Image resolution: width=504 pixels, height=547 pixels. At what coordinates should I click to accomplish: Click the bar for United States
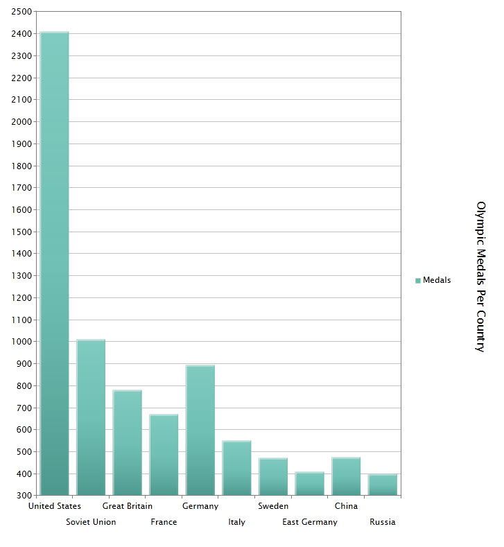point(55,263)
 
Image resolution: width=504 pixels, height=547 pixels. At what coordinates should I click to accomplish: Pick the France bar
point(164,455)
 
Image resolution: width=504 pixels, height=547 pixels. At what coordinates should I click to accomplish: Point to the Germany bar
point(200,430)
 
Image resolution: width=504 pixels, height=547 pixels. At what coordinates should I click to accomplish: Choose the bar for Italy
point(237,468)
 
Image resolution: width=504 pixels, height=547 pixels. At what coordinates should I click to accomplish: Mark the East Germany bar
point(310,483)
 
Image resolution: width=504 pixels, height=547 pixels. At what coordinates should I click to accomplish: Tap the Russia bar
point(383,485)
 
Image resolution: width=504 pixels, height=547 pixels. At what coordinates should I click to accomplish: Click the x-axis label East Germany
point(310,522)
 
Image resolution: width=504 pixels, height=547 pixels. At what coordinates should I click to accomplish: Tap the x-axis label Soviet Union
point(91,522)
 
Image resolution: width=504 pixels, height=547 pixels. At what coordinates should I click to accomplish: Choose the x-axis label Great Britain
point(128,506)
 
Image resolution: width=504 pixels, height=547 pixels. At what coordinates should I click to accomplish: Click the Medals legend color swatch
point(418,281)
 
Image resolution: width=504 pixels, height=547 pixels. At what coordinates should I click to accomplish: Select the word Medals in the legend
point(437,280)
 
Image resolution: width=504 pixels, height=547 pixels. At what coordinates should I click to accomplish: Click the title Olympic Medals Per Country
point(480,277)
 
